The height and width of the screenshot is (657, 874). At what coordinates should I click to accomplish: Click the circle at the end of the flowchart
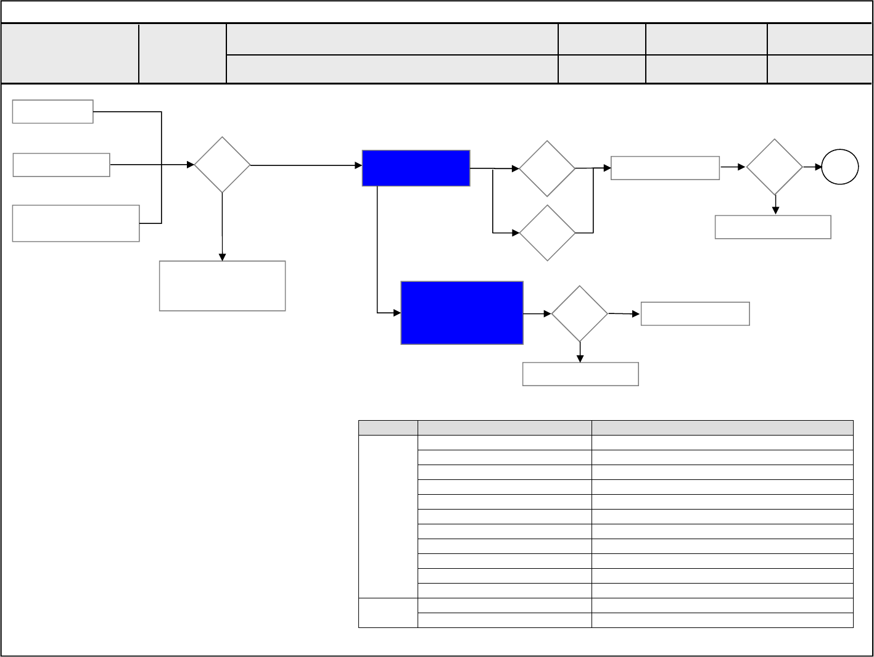click(x=840, y=167)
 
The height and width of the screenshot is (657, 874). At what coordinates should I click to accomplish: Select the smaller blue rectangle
click(x=416, y=168)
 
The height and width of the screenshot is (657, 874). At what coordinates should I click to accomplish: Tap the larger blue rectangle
click(x=462, y=313)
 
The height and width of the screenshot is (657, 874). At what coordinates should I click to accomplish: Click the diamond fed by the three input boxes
click(x=222, y=165)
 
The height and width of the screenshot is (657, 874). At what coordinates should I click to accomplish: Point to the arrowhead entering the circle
click(x=818, y=167)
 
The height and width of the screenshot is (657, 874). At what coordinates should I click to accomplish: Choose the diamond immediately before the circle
click(x=774, y=167)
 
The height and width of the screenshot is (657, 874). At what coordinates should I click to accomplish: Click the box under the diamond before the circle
click(x=773, y=227)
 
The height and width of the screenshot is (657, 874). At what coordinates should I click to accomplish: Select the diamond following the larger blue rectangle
click(x=579, y=313)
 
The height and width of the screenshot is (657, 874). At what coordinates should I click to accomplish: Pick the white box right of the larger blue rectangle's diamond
click(x=695, y=313)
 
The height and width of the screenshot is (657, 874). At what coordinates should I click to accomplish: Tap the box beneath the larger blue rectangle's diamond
click(x=580, y=374)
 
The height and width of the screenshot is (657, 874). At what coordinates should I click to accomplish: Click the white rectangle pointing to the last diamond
click(x=665, y=168)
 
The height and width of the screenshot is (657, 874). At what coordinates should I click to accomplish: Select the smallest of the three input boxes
click(x=52, y=112)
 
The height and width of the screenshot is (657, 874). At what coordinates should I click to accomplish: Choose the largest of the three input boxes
click(x=75, y=223)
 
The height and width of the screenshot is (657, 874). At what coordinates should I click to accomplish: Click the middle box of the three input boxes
click(x=61, y=165)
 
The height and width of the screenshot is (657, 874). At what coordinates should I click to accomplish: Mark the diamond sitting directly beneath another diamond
click(x=547, y=233)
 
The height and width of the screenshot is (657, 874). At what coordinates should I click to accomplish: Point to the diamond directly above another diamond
click(x=547, y=168)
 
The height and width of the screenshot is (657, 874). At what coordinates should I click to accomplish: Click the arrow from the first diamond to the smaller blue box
click(x=305, y=165)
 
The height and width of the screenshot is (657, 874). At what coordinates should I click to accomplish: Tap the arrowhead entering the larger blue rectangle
click(x=397, y=313)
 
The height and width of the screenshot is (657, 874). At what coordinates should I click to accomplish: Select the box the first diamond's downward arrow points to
click(x=222, y=286)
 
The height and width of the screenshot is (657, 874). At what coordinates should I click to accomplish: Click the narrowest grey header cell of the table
click(x=388, y=428)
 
